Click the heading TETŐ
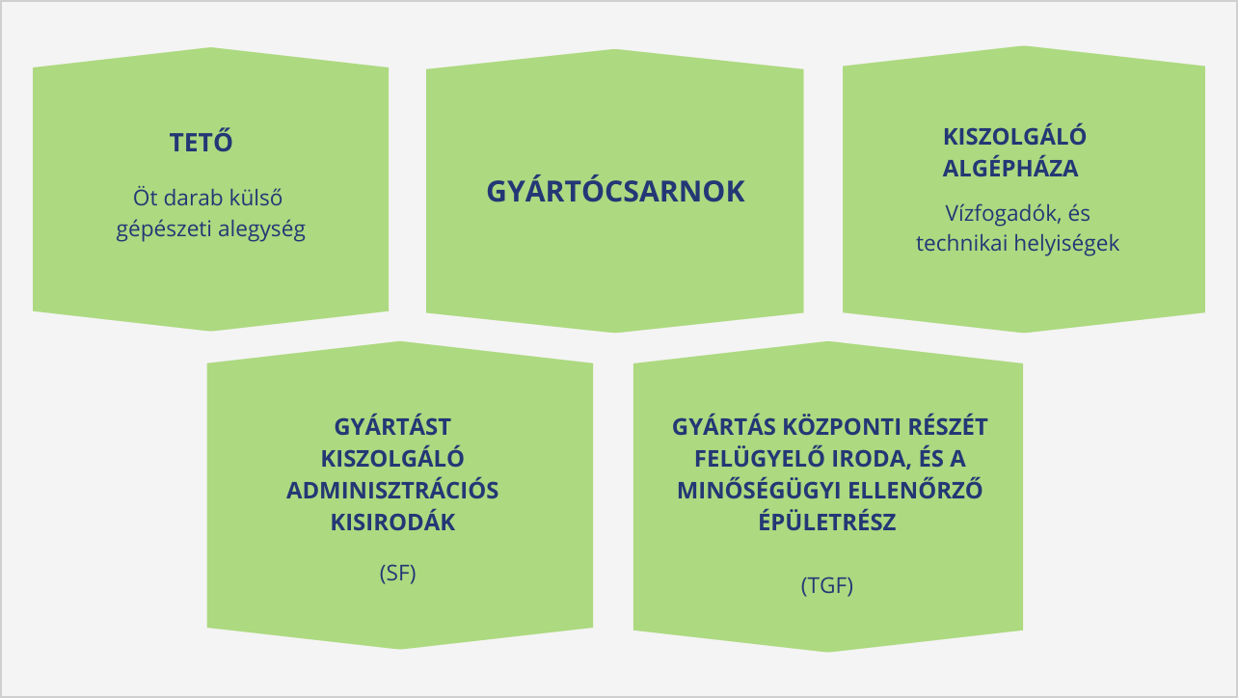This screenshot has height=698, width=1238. [201, 143]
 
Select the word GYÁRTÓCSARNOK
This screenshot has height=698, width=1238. [615, 191]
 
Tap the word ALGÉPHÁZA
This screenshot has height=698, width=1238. [1009, 168]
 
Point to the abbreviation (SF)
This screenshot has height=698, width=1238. [398, 573]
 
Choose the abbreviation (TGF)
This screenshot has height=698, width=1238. [826, 585]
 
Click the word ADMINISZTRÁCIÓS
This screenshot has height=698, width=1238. [392, 490]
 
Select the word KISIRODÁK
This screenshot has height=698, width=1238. [392, 523]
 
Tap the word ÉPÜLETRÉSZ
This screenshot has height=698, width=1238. [827, 523]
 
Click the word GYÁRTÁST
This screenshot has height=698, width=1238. [392, 426]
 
